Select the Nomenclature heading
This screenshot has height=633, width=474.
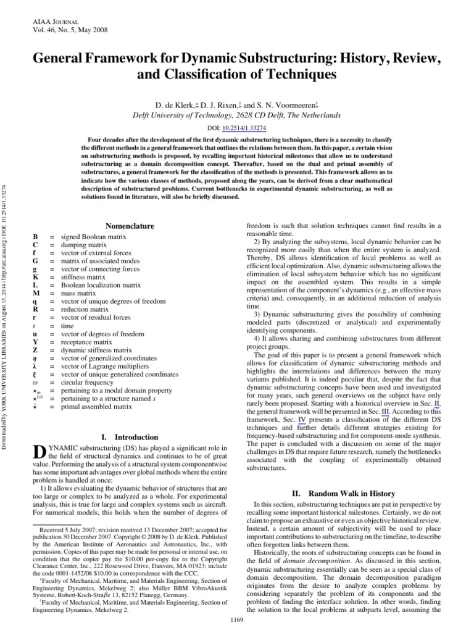click(130, 226)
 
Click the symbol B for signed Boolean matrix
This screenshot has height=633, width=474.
click(35, 237)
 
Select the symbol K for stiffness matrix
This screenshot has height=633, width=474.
click(35, 277)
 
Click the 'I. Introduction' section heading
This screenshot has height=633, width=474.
click(129, 437)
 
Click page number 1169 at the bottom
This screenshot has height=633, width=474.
click(237, 619)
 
